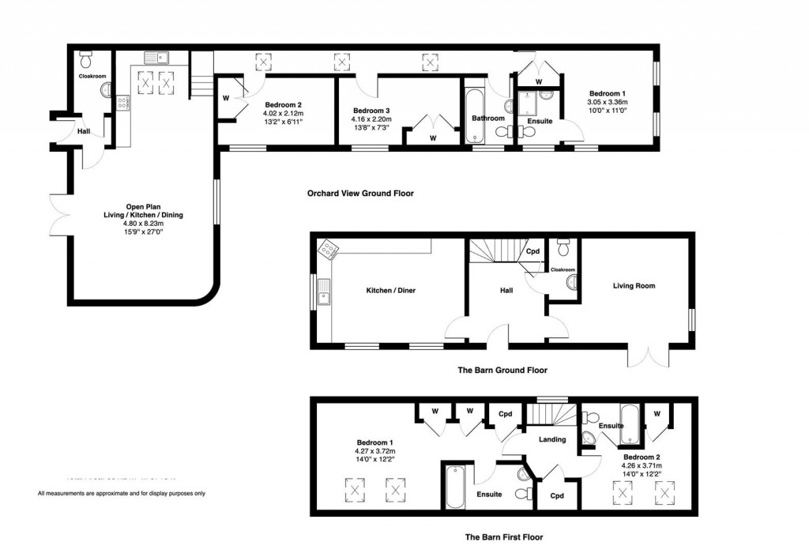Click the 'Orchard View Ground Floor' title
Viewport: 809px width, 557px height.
(359, 193)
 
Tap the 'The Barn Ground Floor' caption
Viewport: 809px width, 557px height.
(502, 370)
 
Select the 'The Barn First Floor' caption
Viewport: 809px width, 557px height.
(503, 537)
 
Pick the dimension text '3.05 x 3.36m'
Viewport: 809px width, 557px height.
(607, 102)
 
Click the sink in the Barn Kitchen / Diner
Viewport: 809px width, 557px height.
(323, 299)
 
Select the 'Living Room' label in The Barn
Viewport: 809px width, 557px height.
(634, 286)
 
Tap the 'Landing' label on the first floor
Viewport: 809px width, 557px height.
(552, 439)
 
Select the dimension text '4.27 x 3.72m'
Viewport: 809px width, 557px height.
(374, 450)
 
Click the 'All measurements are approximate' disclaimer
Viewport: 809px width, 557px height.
(122, 494)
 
